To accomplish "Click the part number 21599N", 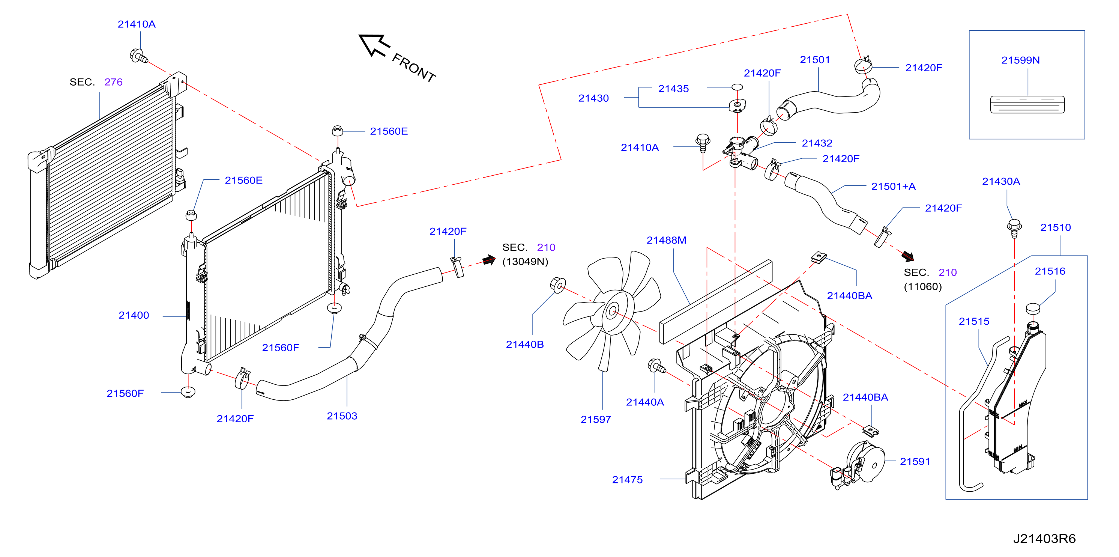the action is coord(1020,60).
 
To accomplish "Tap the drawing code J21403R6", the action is coord(1044,539).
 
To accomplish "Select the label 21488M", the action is coord(666,240).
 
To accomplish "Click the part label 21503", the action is coord(342,416).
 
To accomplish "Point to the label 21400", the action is coord(134,315).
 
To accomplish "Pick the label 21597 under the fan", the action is coord(596,420).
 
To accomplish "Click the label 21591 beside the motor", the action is coord(915,462).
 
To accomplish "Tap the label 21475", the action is coord(627,480).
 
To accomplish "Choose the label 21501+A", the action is coord(893,187).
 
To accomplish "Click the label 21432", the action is coord(817,143).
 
